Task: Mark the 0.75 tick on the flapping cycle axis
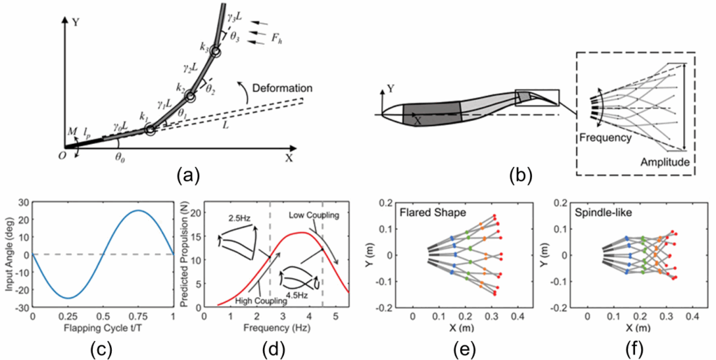point(138,315)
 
